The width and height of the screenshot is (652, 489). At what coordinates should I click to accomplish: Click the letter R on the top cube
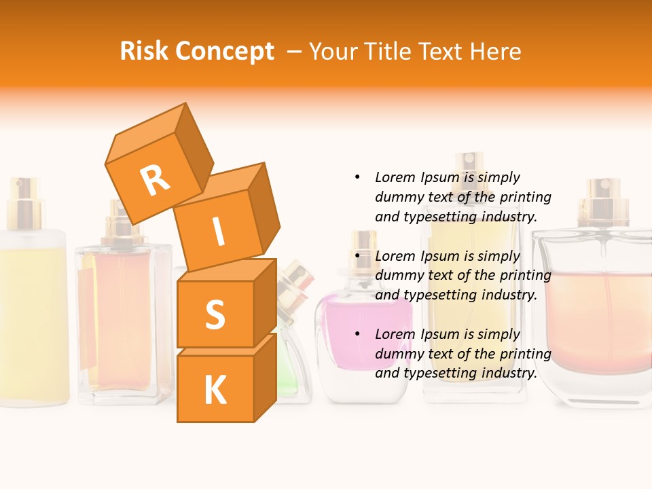point(155,181)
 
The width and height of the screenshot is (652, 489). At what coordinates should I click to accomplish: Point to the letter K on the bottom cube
point(215,391)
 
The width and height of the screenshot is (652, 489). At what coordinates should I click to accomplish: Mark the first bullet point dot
point(357,177)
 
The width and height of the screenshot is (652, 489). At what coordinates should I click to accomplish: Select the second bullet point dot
point(357,256)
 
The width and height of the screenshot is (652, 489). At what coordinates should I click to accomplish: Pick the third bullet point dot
point(357,334)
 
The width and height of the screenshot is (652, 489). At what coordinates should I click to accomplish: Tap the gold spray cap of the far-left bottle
point(24,200)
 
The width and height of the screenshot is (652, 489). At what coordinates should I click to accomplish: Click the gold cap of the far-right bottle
point(600,204)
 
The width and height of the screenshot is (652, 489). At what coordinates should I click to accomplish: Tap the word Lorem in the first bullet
point(395,177)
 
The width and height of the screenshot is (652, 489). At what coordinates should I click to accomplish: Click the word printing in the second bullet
point(524,276)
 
